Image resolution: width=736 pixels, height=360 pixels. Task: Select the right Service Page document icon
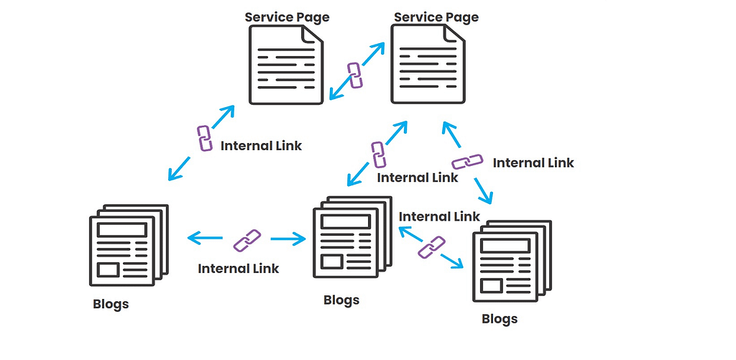point(427,65)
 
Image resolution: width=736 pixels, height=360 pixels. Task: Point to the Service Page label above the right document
point(436,17)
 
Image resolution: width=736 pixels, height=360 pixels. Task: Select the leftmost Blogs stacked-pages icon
point(128,244)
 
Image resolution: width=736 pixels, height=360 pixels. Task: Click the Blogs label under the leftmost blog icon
point(111,304)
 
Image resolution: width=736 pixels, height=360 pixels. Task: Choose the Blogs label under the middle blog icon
point(341,300)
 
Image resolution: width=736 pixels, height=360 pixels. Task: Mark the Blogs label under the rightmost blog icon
point(500,318)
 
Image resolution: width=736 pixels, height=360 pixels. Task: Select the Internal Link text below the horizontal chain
point(239,269)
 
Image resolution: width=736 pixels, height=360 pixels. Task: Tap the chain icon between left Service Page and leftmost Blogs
point(204,138)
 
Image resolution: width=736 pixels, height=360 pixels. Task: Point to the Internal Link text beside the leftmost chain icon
point(261,146)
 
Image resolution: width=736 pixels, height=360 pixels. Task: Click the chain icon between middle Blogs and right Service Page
point(378,154)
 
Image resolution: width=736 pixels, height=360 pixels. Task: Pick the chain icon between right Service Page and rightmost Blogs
point(467,162)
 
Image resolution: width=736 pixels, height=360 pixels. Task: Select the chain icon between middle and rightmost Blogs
point(431,246)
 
